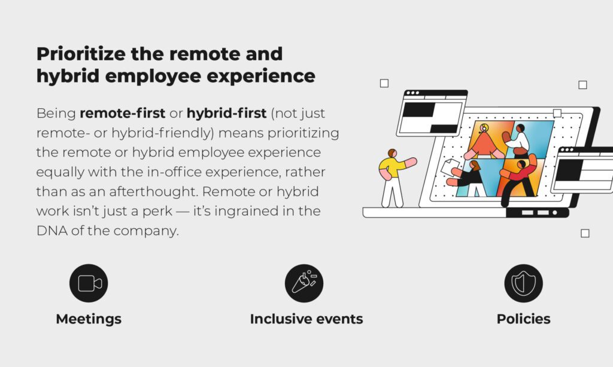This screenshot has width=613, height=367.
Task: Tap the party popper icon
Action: click(x=304, y=283)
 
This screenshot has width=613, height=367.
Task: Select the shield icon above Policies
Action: click(x=523, y=283)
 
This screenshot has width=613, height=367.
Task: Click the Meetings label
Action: click(x=89, y=319)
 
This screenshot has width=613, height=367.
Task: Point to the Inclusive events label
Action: click(x=306, y=319)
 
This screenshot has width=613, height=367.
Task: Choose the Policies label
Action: click(x=523, y=319)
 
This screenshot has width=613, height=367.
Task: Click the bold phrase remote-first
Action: click(x=122, y=113)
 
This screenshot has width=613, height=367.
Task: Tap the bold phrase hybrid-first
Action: click(x=226, y=113)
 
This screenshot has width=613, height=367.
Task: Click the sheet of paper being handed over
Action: click(x=450, y=167)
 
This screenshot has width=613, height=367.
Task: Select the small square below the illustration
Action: click(x=585, y=233)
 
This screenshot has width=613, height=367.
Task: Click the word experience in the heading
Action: click(x=261, y=76)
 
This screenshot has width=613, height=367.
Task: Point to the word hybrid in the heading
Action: click(x=68, y=76)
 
